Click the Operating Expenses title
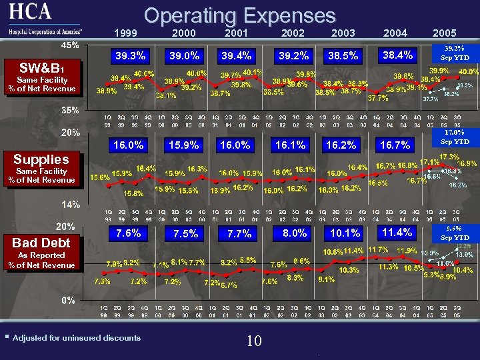click(239, 15)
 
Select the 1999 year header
click(126, 33)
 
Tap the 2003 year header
click(343, 33)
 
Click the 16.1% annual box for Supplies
click(292, 144)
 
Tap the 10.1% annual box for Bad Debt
click(345, 233)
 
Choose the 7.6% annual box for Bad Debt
click(128, 233)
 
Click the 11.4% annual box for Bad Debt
click(397, 232)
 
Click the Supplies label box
click(41, 159)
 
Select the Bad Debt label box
click(41, 243)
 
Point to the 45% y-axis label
click(71, 45)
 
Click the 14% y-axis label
click(71, 203)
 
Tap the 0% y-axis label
click(69, 300)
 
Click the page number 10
click(253, 341)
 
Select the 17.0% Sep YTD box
click(455, 137)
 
